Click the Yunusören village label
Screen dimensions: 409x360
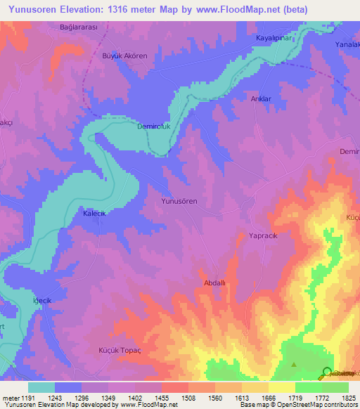(x=179, y=201)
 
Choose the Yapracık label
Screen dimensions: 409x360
(x=264, y=236)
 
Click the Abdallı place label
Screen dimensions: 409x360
(x=214, y=283)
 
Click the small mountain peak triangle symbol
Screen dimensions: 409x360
(x=294, y=364)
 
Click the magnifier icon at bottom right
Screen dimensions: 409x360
(x=327, y=372)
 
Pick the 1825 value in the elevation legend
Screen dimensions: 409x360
(x=347, y=397)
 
